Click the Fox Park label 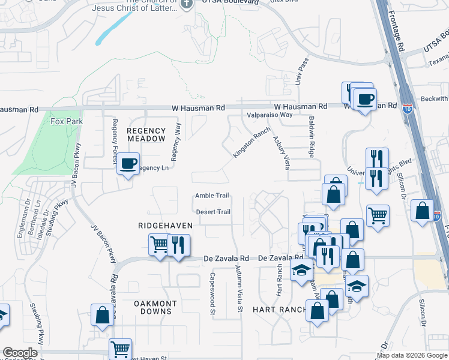(66, 121)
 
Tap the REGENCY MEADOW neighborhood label (146, 134)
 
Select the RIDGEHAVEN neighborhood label (165, 225)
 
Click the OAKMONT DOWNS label (144, 307)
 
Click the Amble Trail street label (212, 196)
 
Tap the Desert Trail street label (213, 212)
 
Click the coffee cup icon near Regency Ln (128, 163)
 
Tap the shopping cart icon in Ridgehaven (159, 244)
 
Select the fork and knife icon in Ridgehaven (178, 244)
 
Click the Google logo (20, 353)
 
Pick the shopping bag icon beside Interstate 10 (423, 211)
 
